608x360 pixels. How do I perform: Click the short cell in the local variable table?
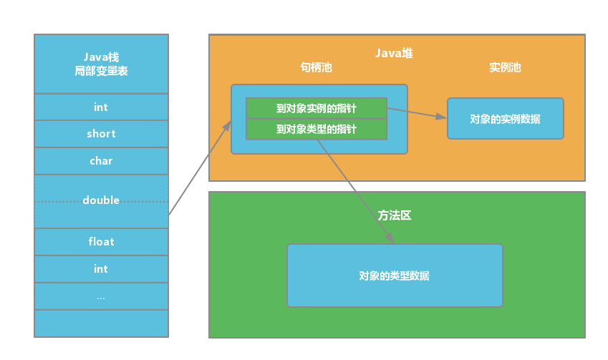(x=101, y=134)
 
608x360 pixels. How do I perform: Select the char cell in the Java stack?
(x=101, y=161)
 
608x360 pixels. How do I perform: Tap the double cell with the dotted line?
(x=101, y=201)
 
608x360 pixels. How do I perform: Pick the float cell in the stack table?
(x=101, y=242)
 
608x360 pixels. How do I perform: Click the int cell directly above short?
(x=101, y=107)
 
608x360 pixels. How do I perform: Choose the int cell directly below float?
(x=101, y=269)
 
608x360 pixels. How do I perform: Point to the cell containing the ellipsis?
(x=101, y=296)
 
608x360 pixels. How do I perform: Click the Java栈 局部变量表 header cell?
(x=101, y=64)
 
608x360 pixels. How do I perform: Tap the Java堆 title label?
(x=394, y=54)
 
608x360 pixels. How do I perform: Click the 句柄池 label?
(x=316, y=67)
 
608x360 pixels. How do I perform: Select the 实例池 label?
(x=505, y=67)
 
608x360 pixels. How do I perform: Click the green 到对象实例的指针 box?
(x=316, y=108)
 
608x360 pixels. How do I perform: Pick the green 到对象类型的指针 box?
(x=316, y=130)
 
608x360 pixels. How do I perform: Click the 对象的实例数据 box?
(x=505, y=119)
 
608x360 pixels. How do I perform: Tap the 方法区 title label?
(x=395, y=215)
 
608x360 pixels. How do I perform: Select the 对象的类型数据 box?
(x=395, y=276)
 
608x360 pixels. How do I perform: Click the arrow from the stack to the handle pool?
(x=200, y=168)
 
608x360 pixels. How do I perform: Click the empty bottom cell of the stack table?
(x=101, y=323)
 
